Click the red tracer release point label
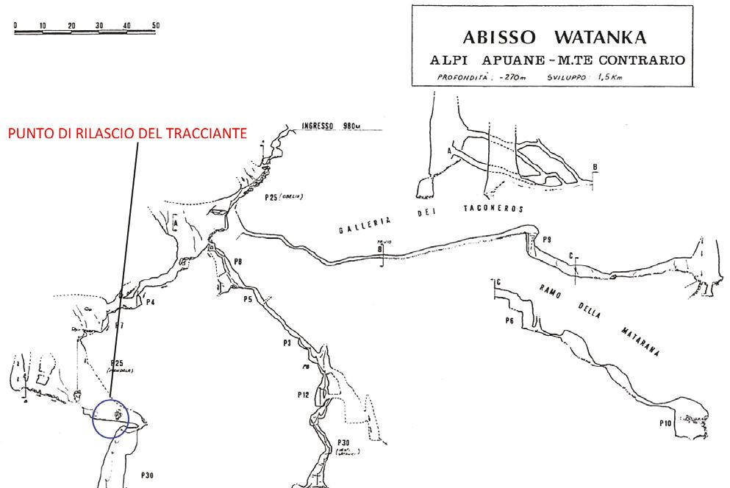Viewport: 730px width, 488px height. tap(126, 133)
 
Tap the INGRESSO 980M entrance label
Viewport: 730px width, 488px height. tap(332, 126)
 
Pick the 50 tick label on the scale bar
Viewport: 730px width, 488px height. tap(156, 25)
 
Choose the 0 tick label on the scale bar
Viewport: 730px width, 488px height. tap(15, 25)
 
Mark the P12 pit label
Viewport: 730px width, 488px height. tap(304, 395)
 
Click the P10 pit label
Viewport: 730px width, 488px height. tap(667, 423)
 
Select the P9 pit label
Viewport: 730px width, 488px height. tap(546, 240)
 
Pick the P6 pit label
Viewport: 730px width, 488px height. tap(509, 321)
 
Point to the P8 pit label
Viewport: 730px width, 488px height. tap(237, 262)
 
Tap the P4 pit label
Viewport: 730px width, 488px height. tap(149, 301)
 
